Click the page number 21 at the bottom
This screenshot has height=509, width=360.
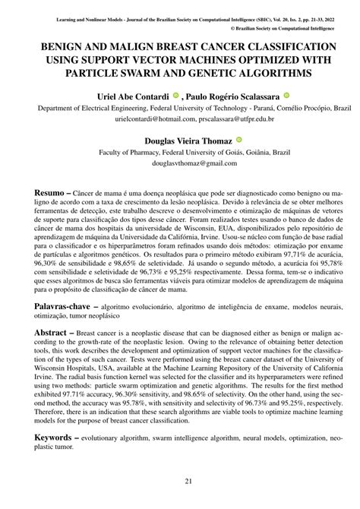180,482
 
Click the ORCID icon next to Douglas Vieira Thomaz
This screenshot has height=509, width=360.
238,140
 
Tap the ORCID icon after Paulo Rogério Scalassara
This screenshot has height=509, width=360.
286,96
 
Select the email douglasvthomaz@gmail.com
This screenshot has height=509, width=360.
180,163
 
